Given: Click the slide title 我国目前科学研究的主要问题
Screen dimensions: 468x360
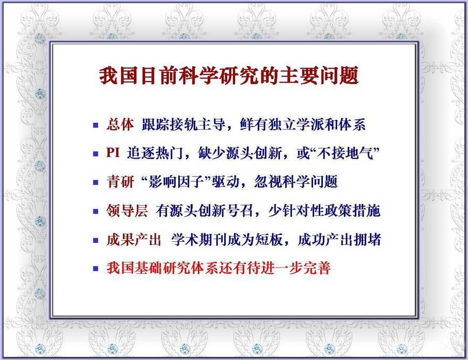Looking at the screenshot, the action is [229, 75].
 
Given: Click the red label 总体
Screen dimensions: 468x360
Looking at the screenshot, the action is [120, 124].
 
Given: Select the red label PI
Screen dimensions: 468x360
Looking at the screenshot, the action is [113, 152].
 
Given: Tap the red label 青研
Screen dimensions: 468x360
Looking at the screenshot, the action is [120, 181].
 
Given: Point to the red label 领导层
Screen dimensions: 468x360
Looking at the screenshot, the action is [127, 210].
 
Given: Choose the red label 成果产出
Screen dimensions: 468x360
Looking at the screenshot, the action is [134, 240].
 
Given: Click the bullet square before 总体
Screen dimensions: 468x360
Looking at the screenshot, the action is [96, 125].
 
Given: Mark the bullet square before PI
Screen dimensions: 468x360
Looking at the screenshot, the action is [96, 154].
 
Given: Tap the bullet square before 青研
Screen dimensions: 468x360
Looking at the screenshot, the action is [96, 182].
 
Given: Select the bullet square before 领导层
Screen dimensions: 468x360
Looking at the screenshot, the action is [96, 211].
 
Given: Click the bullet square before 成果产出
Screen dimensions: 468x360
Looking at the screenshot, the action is [96, 240].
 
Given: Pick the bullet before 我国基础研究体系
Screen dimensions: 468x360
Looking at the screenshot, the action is [96, 269].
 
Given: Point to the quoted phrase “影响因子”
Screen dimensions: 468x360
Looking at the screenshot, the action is [176, 181].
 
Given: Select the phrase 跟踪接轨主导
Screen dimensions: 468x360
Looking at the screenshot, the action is [183, 124].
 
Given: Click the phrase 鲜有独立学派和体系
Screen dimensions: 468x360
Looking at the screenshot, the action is [303, 124].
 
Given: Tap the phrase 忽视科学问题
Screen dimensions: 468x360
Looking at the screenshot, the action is [296, 181].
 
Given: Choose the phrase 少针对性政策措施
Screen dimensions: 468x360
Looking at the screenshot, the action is [324, 210].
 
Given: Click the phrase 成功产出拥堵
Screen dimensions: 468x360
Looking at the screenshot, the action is [339, 240].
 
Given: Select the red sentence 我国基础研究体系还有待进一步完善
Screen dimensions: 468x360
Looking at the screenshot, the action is [219, 268].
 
